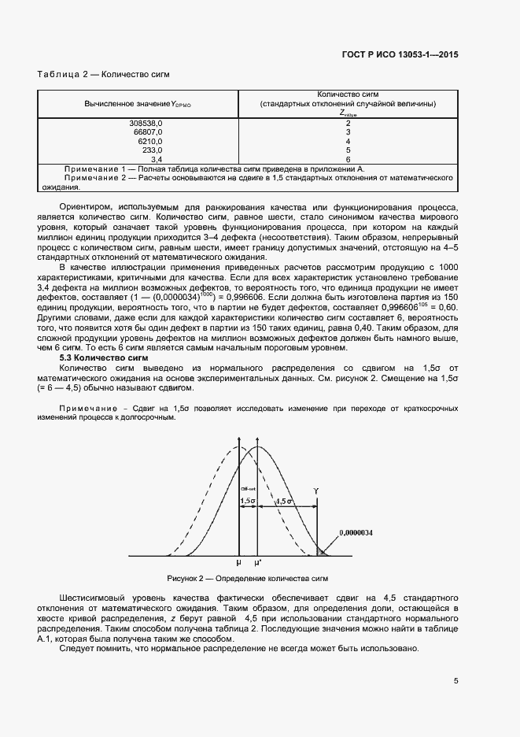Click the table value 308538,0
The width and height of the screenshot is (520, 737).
click(146, 124)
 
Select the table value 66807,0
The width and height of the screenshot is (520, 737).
click(148, 132)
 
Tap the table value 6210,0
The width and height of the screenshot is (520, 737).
click(149, 141)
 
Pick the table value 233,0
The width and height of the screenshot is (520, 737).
click(152, 150)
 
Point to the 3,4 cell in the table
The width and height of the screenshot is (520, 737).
click(156, 158)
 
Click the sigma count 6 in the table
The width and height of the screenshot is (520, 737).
click(348, 158)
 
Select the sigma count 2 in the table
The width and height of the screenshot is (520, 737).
click(348, 124)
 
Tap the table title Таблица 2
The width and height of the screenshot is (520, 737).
click(104, 75)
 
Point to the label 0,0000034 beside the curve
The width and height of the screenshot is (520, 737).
click(356, 533)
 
